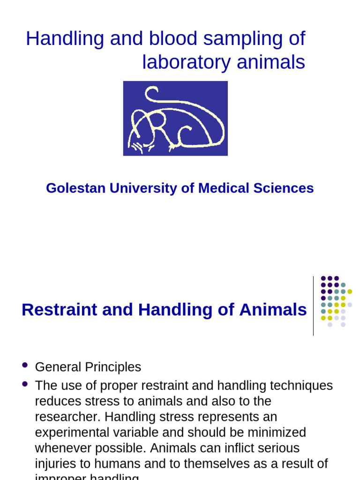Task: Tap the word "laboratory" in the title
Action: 186,62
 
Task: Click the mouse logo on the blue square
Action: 175,118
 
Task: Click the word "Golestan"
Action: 76,188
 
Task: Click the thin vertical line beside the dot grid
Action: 313,306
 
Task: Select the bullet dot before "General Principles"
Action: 25,365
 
